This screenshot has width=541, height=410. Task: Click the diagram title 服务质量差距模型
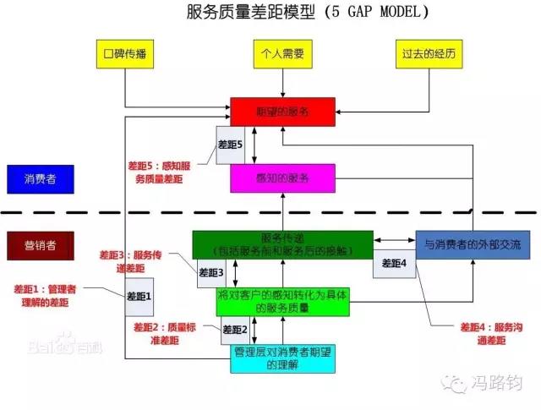point(308,13)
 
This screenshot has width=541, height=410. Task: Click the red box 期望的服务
point(282,111)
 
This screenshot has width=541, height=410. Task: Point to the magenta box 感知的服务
point(282,178)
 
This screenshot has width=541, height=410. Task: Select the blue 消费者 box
point(41,178)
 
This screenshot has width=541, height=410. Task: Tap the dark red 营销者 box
point(41,246)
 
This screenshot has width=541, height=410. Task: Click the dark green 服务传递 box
point(282,244)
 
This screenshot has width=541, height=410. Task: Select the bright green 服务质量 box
point(282,302)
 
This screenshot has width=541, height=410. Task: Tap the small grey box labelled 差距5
point(230,145)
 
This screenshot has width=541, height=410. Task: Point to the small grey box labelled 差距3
point(210,272)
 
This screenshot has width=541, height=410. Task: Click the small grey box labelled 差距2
point(234,330)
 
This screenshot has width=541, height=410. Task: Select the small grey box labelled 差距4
point(392,264)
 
